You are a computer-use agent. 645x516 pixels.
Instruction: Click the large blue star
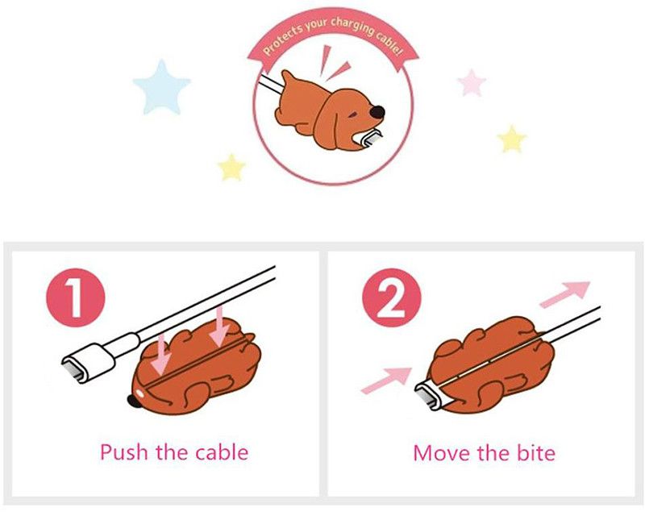point(162,89)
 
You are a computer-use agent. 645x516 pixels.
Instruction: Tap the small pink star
point(472,83)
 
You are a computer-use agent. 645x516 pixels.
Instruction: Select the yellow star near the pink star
point(511,140)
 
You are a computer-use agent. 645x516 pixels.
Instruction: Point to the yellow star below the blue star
point(231,168)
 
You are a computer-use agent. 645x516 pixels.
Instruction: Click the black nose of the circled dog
point(377,112)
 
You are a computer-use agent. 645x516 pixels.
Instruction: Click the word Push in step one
point(124,451)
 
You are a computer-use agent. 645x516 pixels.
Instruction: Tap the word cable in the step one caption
point(222,451)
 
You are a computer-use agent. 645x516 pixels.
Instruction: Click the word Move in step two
point(442,452)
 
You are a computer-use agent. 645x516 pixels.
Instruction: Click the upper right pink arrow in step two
point(565,293)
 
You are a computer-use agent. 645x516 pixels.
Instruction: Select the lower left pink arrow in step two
point(387,380)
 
